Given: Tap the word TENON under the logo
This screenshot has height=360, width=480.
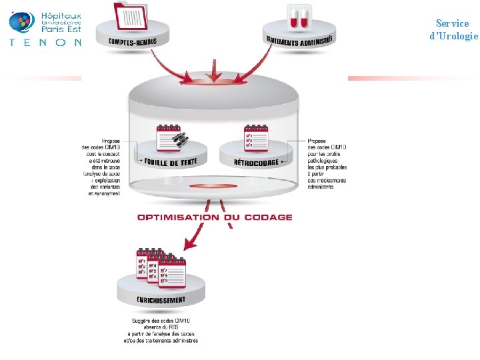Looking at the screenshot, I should click(x=45, y=42).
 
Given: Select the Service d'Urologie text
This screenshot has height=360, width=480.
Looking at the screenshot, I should click(x=453, y=29).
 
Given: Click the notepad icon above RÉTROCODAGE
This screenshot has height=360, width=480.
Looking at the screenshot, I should click(x=256, y=137).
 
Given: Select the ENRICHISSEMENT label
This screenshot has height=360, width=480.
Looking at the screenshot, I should click(x=161, y=299).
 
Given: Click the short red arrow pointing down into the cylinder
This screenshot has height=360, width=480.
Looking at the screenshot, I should click(x=213, y=69).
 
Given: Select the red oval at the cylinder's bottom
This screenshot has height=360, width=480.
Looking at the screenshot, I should click(x=213, y=185).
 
